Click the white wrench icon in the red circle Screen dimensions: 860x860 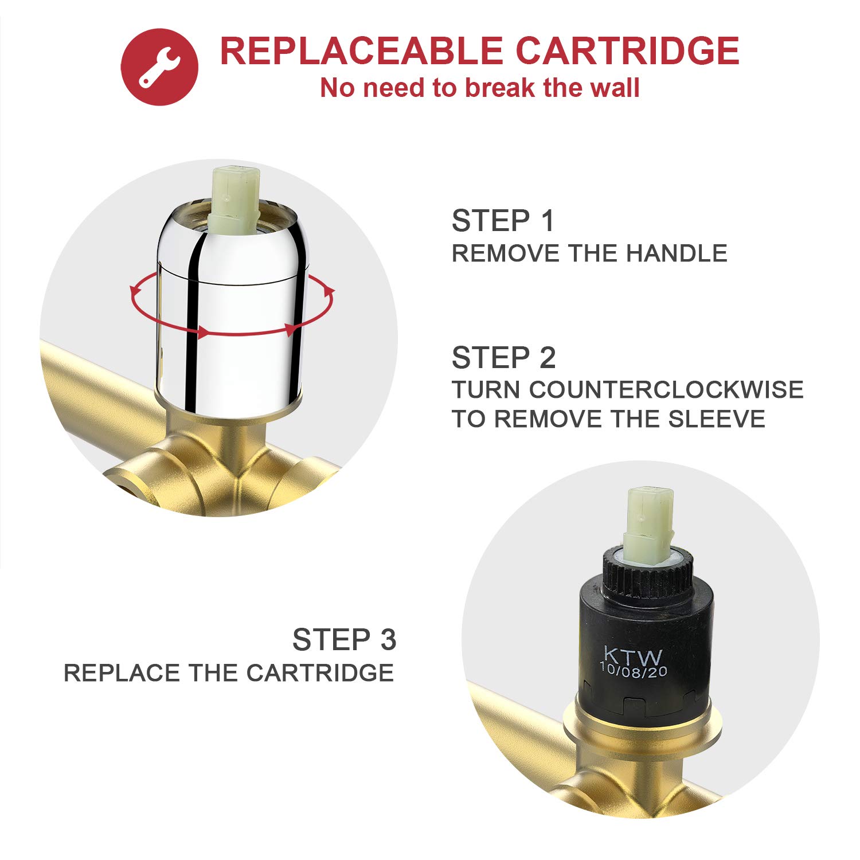pos(159,67)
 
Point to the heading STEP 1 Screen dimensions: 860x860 pos(503,221)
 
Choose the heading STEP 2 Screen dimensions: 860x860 pos(504,358)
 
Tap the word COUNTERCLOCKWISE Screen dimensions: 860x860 pos(666,390)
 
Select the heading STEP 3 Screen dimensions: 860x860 pos(344,640)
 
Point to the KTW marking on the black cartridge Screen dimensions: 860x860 pos(633,655)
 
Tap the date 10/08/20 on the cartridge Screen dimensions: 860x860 pos(634,670)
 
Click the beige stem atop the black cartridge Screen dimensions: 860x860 pos(648,525)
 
